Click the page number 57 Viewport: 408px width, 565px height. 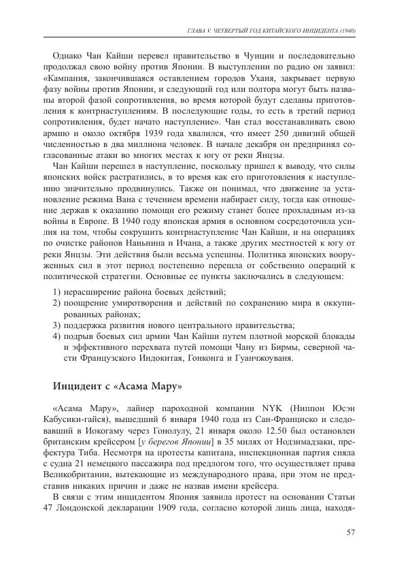pos(352,532)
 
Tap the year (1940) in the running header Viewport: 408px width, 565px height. pos(347,31)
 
